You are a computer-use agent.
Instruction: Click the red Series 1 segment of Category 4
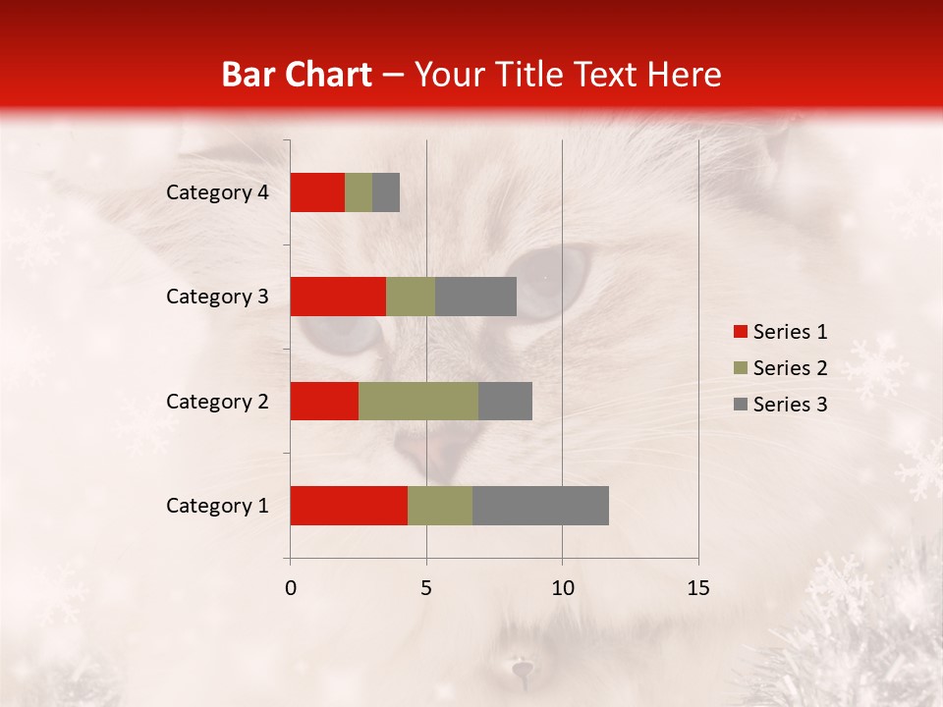point(317,192)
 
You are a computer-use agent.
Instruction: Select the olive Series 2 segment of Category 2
point(418,401)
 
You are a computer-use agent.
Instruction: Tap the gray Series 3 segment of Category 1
point(540,505)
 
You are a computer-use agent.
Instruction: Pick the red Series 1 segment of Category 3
point(338,297)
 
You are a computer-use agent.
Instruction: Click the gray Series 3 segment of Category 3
point(475,297)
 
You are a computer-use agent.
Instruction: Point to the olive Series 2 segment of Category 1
point(440,505)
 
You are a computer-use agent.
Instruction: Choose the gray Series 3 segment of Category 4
point(386,192)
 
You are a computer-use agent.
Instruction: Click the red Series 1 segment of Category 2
point(324,401)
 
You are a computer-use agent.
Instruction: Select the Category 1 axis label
point(217,506)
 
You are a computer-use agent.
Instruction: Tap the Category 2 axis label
point(217,402)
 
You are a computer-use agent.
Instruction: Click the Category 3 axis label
point(217,297)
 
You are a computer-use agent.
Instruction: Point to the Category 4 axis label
point(217,192)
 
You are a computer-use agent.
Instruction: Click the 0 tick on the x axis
point(291,588)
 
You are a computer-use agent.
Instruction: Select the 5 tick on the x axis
point(426,588)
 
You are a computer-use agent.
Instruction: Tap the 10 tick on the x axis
point(562,588)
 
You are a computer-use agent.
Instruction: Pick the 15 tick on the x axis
point(697,588)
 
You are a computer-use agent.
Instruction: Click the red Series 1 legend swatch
point(740,332)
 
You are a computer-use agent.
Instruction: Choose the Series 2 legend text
point(790,368)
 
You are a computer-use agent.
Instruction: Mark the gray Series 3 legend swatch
point(740,405)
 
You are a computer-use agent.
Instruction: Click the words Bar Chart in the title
point(297,75)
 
